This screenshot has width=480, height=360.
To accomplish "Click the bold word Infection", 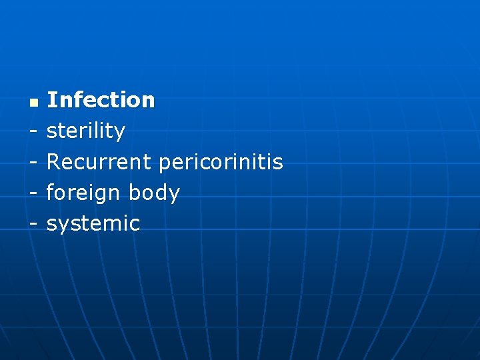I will (x=101, y=100).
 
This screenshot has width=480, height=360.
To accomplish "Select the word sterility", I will (x=85, y=131).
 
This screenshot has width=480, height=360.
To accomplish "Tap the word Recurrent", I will (x=99, y=161).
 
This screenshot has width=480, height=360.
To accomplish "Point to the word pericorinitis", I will (x=221, y=163).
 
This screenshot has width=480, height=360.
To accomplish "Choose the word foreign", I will (x=83, y=193).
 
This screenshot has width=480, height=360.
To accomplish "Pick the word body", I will (x=154, y=193).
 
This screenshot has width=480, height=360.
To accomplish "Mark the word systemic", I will (x=93, y=224).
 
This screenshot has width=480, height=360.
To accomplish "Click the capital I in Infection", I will (x=51, y=100).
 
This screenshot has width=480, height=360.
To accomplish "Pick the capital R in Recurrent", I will (x=53, y=161).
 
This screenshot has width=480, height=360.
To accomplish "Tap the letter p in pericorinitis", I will (x=165, y=164).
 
